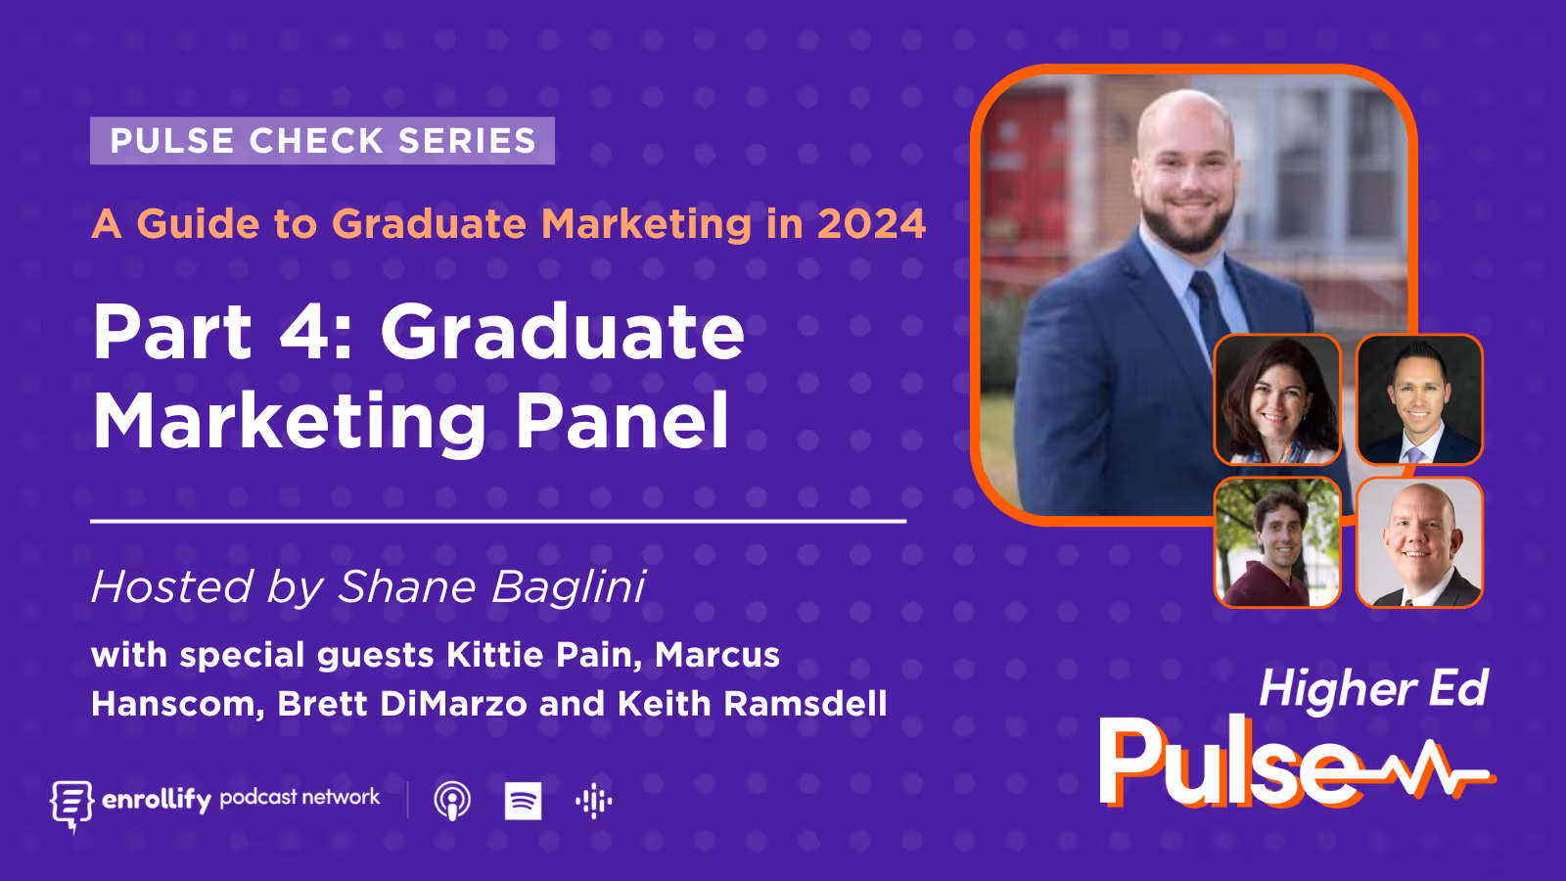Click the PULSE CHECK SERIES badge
point(322,141)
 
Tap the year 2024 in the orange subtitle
point(871,224)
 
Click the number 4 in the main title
point(305,333)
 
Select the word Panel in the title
point(622,421)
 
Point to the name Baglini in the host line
point(568,587)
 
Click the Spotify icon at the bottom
point(523,801)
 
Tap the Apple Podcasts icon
point(452,801)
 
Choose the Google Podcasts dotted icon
point(593,801)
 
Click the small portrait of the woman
point(1277,399)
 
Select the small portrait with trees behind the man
point(1277,542)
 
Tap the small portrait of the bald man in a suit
point(1419,542)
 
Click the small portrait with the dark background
point(1419,399)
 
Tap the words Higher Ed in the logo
point(1373,689)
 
